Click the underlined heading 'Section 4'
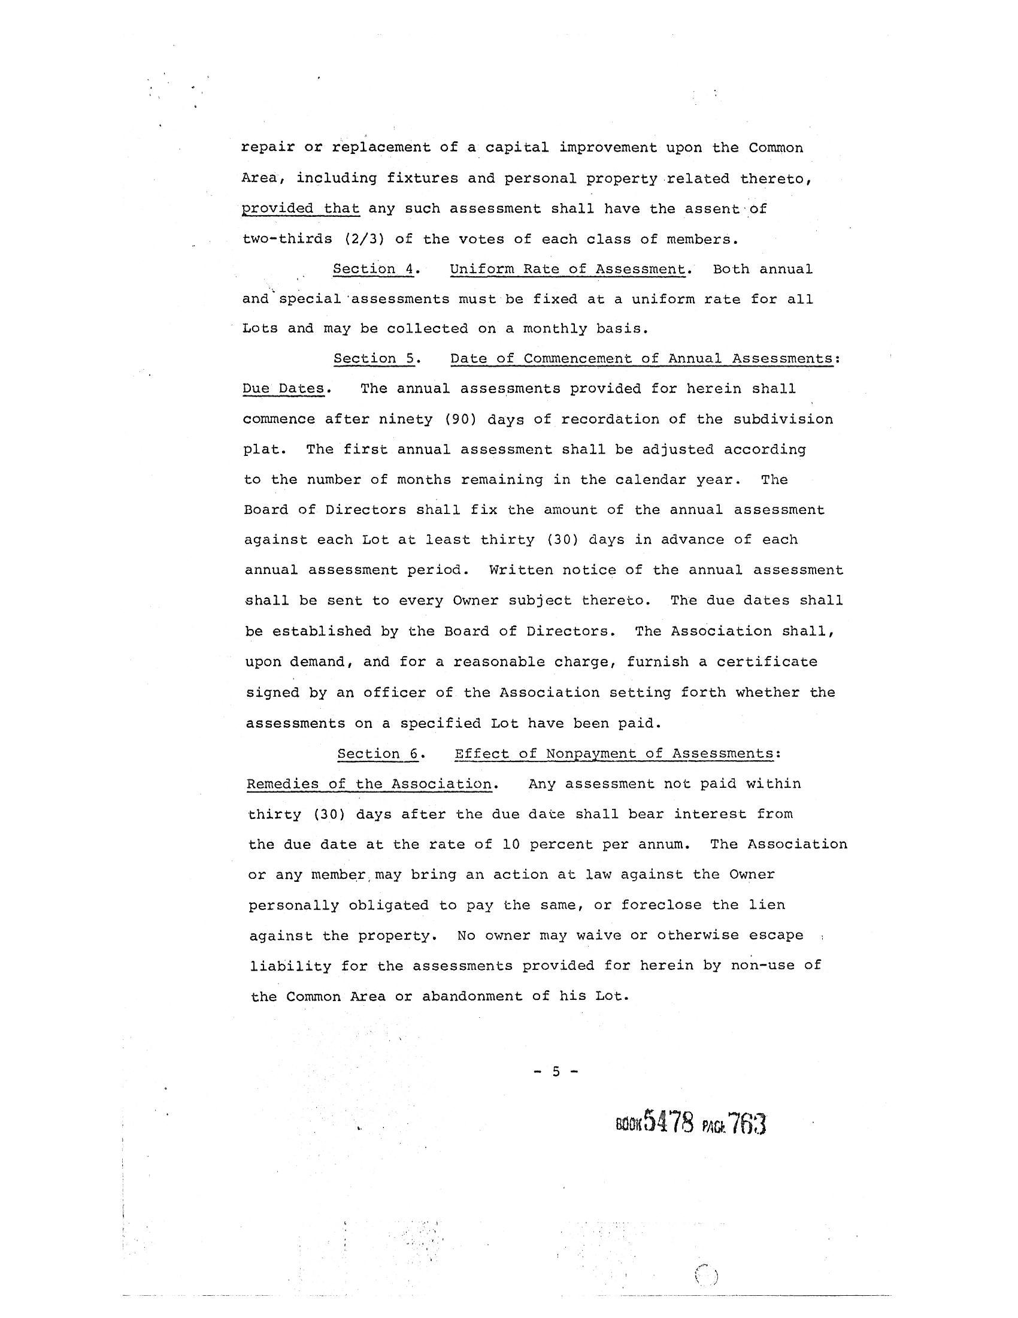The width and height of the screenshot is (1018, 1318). click(x=373, y=269)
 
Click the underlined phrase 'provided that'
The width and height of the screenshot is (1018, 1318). click(x=301, y=209)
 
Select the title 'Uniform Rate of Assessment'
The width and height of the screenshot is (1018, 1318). click(x=568, y=269)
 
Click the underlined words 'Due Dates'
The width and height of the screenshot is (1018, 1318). click(x=283, y=389)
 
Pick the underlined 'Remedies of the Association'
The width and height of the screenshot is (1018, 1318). click(x=369, y=784)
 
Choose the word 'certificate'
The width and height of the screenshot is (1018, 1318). click(x=766, y=661)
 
